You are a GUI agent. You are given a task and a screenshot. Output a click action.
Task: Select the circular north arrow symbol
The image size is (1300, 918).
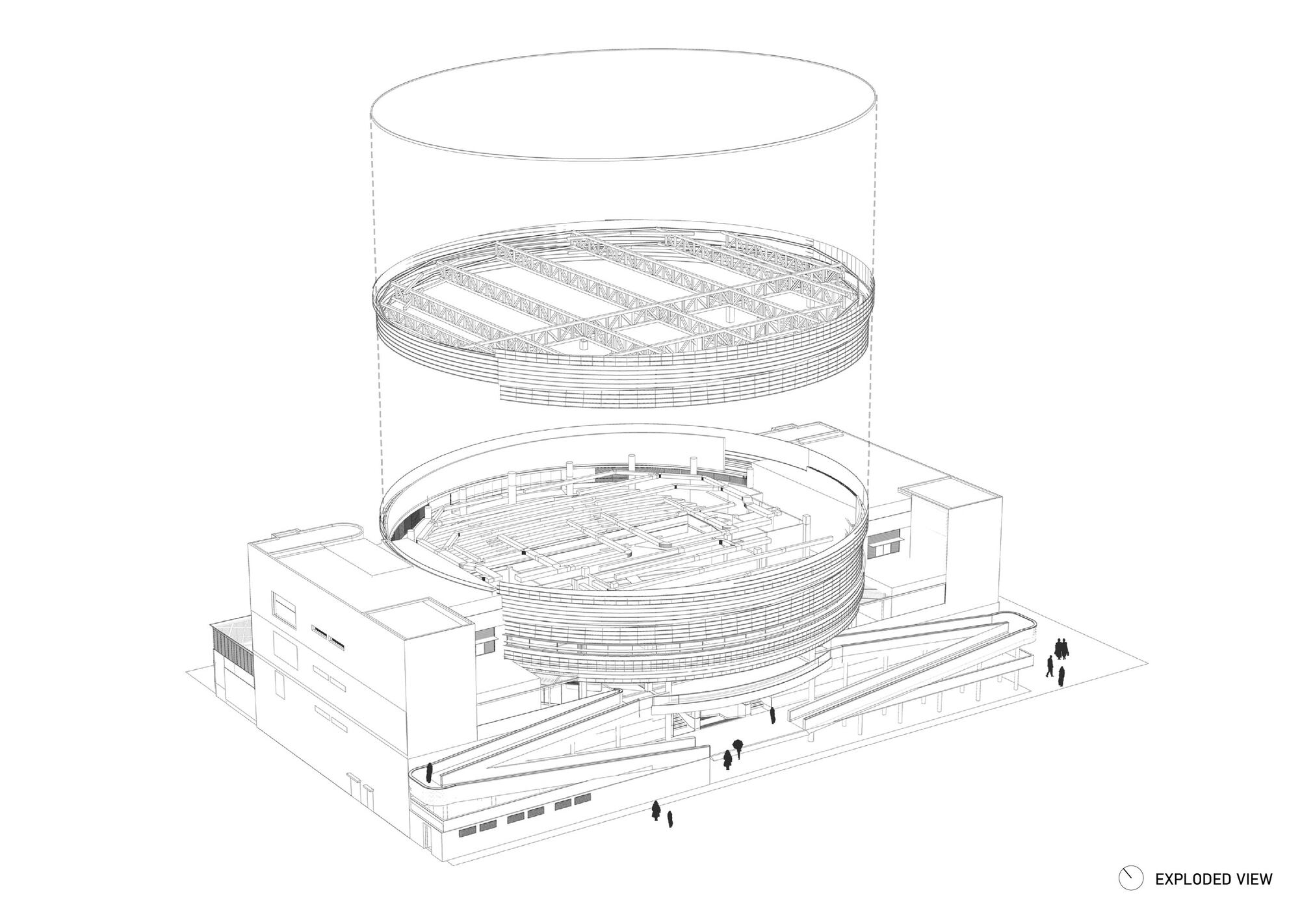click(x=1130, y=879)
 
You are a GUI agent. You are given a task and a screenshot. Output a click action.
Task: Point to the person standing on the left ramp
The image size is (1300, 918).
click(x=429, y=772)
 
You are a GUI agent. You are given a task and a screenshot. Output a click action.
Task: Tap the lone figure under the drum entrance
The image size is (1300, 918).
click(x=772, y=715)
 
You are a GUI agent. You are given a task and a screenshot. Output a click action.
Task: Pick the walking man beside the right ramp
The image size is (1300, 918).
click(x=1049, y=667)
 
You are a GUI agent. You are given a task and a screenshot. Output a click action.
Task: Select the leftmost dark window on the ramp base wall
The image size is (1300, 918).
click(x=467, y=831)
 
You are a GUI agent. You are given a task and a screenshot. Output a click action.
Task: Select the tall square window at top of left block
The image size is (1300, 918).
click(x=283, y=604)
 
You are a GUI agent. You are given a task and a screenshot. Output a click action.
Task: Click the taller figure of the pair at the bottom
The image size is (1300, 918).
click(x=657, y=811)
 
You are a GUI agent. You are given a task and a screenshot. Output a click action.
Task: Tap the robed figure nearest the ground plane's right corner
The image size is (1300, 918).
click(x=1061, y=677)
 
